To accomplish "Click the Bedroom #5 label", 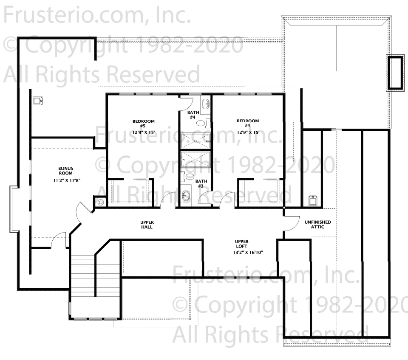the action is pyautogui.click(x=143, y=124).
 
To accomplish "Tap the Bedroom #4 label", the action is pyautogui.click(x=248, y=123).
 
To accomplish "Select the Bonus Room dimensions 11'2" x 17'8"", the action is pyautogui.click(x=67, y=180).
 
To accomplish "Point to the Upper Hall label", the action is pyautogui.click(x=147, y=225).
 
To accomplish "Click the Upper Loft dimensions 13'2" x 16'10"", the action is pyautogui.click(x=248, y=252).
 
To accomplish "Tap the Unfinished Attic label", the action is pyautogui.click(x=318, y=224).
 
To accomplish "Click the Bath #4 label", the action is pyautogui.click(x=193, y=115).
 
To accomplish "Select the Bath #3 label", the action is pyautogui.click(x=201, y=183).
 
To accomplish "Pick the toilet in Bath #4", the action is pyautogui.click(x=203, y=123).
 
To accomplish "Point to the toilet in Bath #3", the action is pyautogui.click(x=188, y=177).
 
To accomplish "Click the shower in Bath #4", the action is pyautogui.click(x=195, y=141).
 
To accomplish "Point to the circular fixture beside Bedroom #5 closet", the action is pyautogui.click(x=101, y=202).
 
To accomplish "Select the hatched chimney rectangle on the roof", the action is pyautogui.click(x=395, y=73).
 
